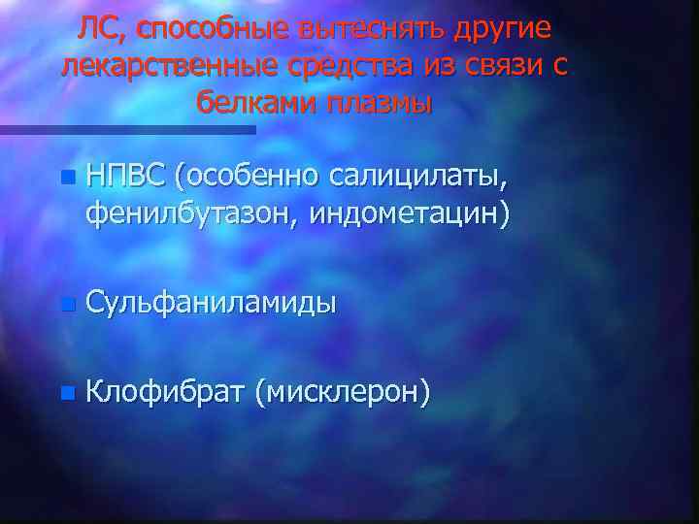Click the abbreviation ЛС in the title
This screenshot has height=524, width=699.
(98, 29)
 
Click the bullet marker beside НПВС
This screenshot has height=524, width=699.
(65, 178)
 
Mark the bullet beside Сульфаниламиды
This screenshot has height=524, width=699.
(65, 304)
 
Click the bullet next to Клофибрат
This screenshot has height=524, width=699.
(65, 393)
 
